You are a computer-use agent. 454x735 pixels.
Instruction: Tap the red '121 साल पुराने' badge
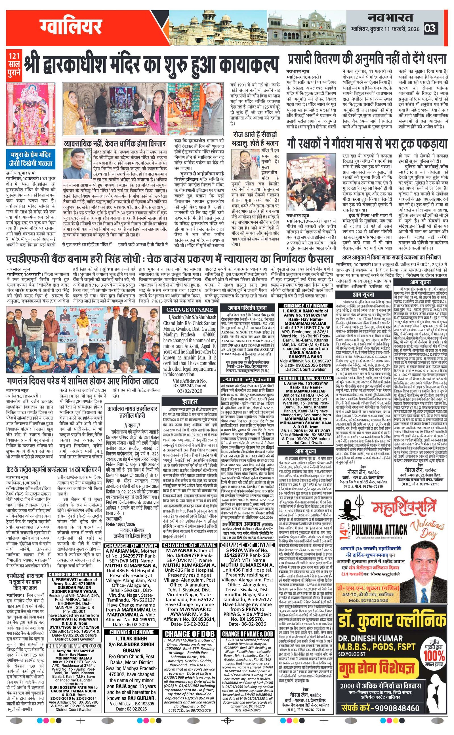[14, 64]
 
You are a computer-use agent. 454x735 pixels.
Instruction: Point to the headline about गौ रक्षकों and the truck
[367, 143]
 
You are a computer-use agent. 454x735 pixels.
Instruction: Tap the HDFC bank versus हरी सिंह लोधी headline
[170, 259]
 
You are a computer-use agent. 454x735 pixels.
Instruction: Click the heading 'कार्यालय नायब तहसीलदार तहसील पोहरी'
[133, 412]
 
